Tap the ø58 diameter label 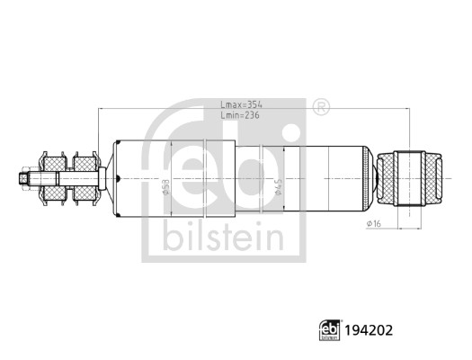pyautogui.click(x=165, y=187)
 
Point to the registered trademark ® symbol pyautogui.click(x=320, y=106)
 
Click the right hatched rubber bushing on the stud pyautogui.click(x=85, y=179)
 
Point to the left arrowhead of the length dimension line pyautogui.click(x=102, y=111)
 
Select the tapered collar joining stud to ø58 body pyautogui.click(x=108, y=179)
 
